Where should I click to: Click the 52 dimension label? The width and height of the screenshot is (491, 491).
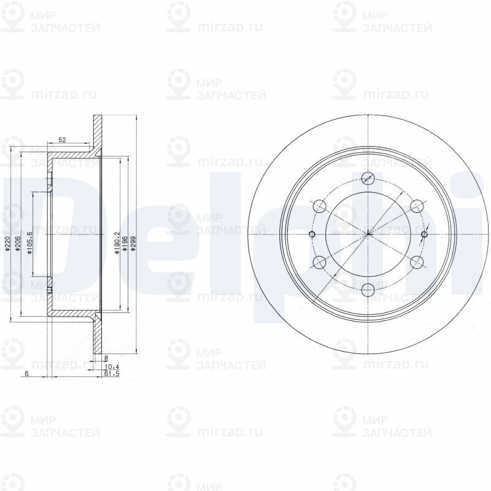(x=62, y=140)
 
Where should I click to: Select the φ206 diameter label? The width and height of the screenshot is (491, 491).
(x=18, y=245)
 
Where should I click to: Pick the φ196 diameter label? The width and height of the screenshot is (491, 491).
(x=125, y=244)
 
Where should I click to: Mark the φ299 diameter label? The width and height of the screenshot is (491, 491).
(x=133, y=244)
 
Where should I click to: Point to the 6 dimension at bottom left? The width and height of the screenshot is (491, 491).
(x=27, y=373)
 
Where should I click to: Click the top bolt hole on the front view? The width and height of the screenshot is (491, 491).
(x=368, y=179)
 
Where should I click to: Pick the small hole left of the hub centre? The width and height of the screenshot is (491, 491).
(x=311, y=234)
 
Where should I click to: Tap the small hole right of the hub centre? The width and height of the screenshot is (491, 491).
(x=425, y=234)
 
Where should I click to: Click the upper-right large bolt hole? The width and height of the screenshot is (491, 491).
(x=416, y=206)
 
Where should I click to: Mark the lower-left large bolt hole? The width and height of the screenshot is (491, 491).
(x=319, y=262)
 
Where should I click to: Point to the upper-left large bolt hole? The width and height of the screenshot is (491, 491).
(x=319, y=206)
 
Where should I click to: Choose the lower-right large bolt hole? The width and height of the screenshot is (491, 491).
(x=416, y=262)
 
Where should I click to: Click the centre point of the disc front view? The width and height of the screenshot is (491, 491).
(x=368, y=234)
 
